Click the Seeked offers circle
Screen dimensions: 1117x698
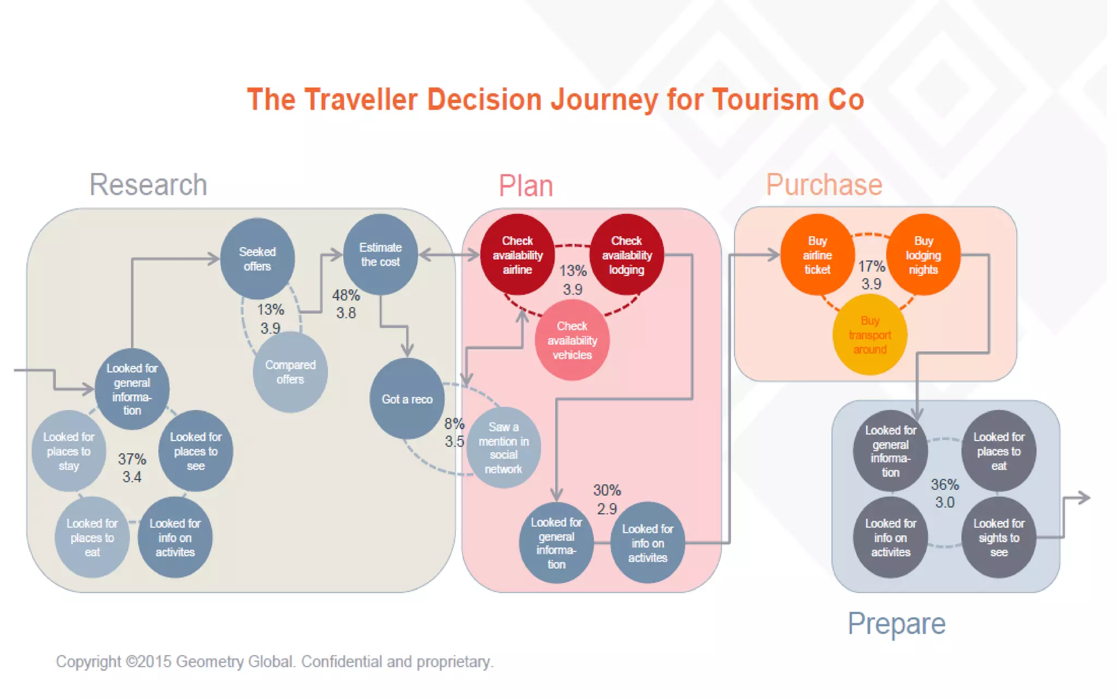pyautogui.click(x=257, y=258)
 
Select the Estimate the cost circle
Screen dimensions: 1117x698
pyautogui.click(x=380, y=254)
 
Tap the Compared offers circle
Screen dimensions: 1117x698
pyautogui.click(x=290, y=372)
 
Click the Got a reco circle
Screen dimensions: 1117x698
pyautogui.click(x=407, y=399)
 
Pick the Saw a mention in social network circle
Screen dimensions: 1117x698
pyautogui.click(x=503, y=447)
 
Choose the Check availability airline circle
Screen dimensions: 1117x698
pyautogui.click(x=517, y=255)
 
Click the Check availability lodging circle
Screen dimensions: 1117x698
pyautogui.click(x=626, y=255)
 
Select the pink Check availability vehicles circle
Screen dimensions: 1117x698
pyautogui.click(x=572, y=340)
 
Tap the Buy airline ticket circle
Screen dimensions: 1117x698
pyautogui.click(x=817, y=255)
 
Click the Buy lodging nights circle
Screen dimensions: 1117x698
pyautogui.click(x=923, y=255)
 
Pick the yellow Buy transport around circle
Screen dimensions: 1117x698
pyautogui.click(x=869, y=335)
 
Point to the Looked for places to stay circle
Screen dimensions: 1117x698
pyautogui.click(x=69, y=451)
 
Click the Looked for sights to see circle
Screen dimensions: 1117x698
pyautogui.click(x=999, y=537)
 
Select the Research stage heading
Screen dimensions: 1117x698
pyautogui.click(x=148, y=185)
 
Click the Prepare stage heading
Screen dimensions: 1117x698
pyautogui.click(x=896, y=623)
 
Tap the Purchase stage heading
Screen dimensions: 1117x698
pyautogui.click(x=824, y=185)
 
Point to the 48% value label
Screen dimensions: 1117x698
pyautogui.click(x=346, y=296)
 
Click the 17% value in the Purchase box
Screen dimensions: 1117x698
pyautogui.click(x=871, y=266)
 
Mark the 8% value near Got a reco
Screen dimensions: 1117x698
pyautogui.click(x=454, y=424)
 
